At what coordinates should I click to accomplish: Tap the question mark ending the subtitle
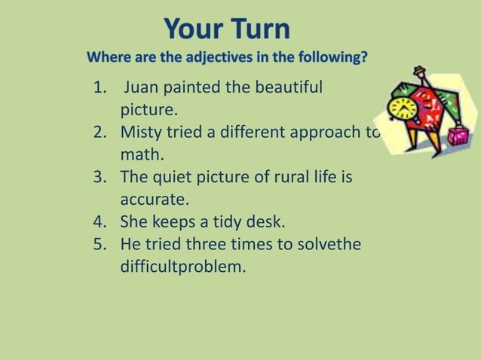tap(364, 57)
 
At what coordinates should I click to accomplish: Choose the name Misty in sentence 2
tap(140, 133)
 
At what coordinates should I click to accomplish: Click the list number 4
tap(100, 223)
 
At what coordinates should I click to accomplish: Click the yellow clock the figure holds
tap(403, 108)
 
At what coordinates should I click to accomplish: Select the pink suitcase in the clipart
tap(457, 136)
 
